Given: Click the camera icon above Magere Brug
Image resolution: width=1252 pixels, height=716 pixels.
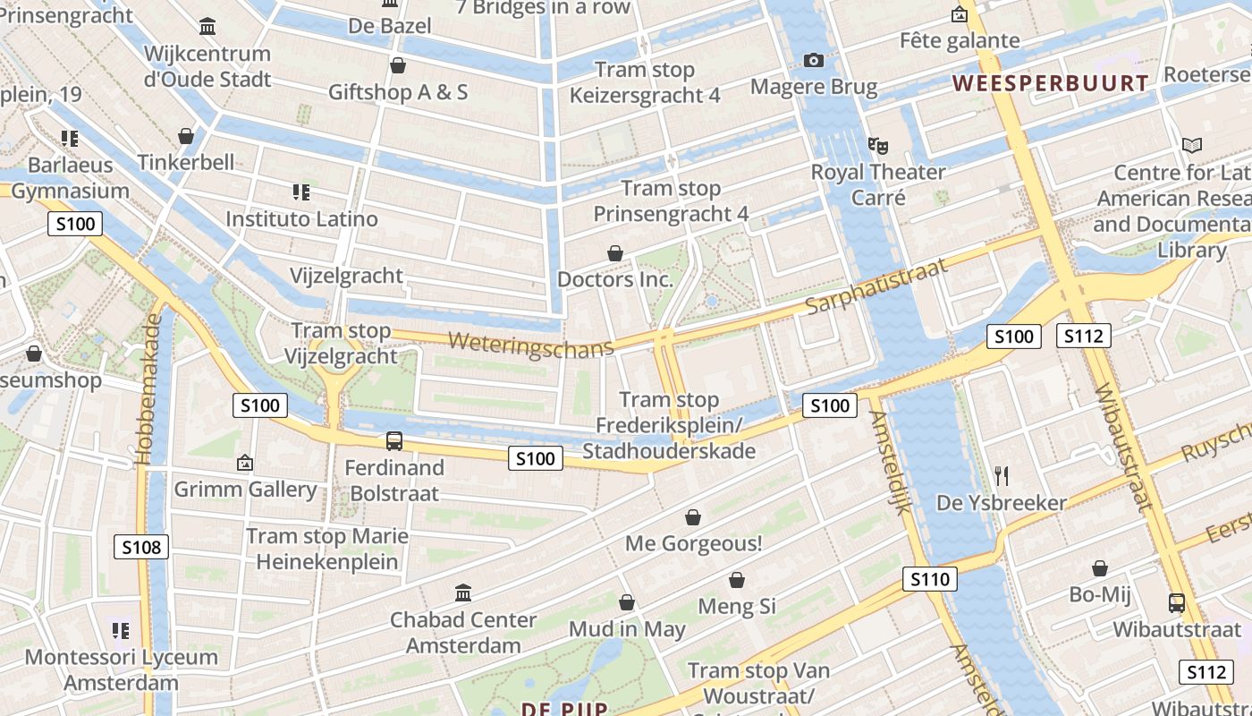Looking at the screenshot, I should point(814,61).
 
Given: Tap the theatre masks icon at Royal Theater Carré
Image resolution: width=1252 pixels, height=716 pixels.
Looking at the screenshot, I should point(877,145).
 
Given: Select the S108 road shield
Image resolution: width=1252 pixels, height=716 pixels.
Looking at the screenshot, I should point(141,546).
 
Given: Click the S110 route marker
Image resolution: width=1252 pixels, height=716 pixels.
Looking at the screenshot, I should point(930,579).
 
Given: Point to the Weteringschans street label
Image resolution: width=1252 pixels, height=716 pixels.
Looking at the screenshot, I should point(531,344).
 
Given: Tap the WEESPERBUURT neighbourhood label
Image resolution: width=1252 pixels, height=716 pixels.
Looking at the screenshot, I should point(1050,84).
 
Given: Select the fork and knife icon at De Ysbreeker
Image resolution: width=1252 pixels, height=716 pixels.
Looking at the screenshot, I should point(1001,475).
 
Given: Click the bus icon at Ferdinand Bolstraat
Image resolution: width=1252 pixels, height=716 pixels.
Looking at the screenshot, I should point(394,440).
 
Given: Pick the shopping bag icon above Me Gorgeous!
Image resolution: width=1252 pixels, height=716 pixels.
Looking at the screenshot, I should point(692,517).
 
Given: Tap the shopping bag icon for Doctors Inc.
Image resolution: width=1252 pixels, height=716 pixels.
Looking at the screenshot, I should point(615,254).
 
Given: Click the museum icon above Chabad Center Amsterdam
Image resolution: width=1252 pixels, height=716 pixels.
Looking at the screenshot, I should point(463,592).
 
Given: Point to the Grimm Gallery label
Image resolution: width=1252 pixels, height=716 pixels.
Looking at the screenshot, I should point(245,490).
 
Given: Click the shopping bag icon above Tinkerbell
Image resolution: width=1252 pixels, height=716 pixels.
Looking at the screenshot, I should point(186,136).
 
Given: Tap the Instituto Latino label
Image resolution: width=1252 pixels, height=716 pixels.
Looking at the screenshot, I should point(301,218).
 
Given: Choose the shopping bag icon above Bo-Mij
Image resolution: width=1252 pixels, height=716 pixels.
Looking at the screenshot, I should point(1100,568).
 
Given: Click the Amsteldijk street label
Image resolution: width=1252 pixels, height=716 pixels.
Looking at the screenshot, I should point(891,461).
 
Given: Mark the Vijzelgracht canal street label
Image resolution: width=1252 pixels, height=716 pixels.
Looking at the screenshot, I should point(346,276).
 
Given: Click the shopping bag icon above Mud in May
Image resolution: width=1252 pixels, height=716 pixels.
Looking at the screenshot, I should point(627,602).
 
